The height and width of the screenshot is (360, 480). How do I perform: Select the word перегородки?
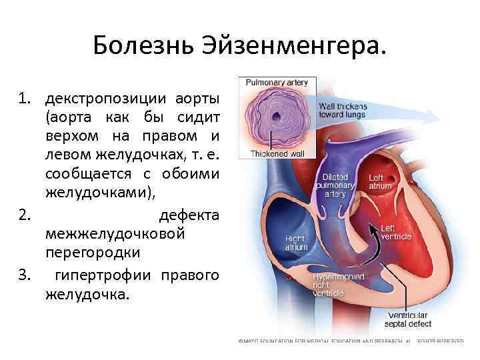(83, 254)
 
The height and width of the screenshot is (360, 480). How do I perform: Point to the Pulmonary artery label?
(277, 83)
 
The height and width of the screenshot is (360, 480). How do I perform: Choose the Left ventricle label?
(395, 232)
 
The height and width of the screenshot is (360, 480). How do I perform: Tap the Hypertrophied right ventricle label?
(331, 284)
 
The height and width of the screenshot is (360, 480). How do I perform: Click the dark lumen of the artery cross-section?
(277, 116)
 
